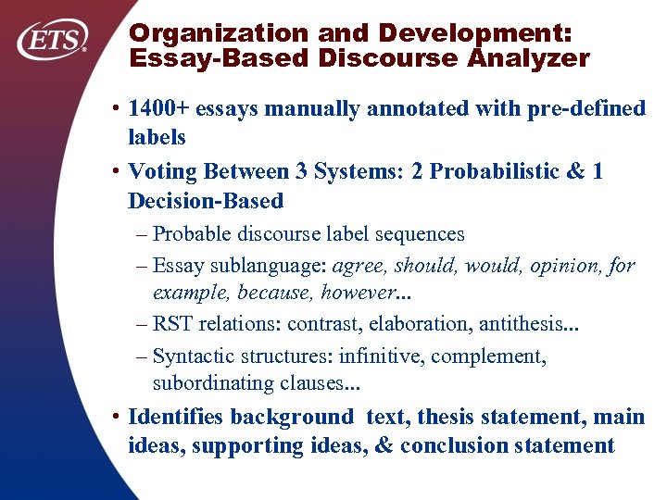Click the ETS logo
54,40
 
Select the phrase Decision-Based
206,200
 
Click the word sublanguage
270,266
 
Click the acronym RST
173,324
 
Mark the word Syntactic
193,356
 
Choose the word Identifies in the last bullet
176,418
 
